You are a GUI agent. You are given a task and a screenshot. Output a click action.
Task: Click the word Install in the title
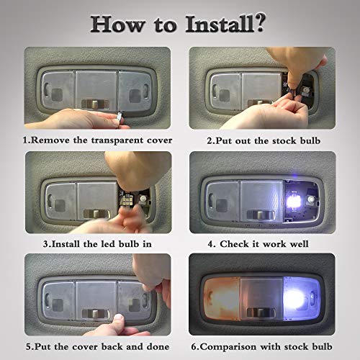click(220, 24)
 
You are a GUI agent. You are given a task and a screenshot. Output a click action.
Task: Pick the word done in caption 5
click(158, 346)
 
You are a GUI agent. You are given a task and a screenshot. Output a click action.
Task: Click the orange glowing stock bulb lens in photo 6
click(222, 299)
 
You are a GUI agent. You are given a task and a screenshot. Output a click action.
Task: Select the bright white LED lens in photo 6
click(301, 298)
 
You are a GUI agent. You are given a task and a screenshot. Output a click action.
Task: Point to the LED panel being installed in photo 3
click(127, 199)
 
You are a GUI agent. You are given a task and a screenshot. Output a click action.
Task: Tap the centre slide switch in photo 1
click(95, 104)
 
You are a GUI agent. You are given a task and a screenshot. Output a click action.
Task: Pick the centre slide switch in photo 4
click(261, 215)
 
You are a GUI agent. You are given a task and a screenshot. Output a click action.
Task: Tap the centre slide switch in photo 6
click(261, 312)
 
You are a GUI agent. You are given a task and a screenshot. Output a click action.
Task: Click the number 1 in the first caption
click(25, 140)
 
